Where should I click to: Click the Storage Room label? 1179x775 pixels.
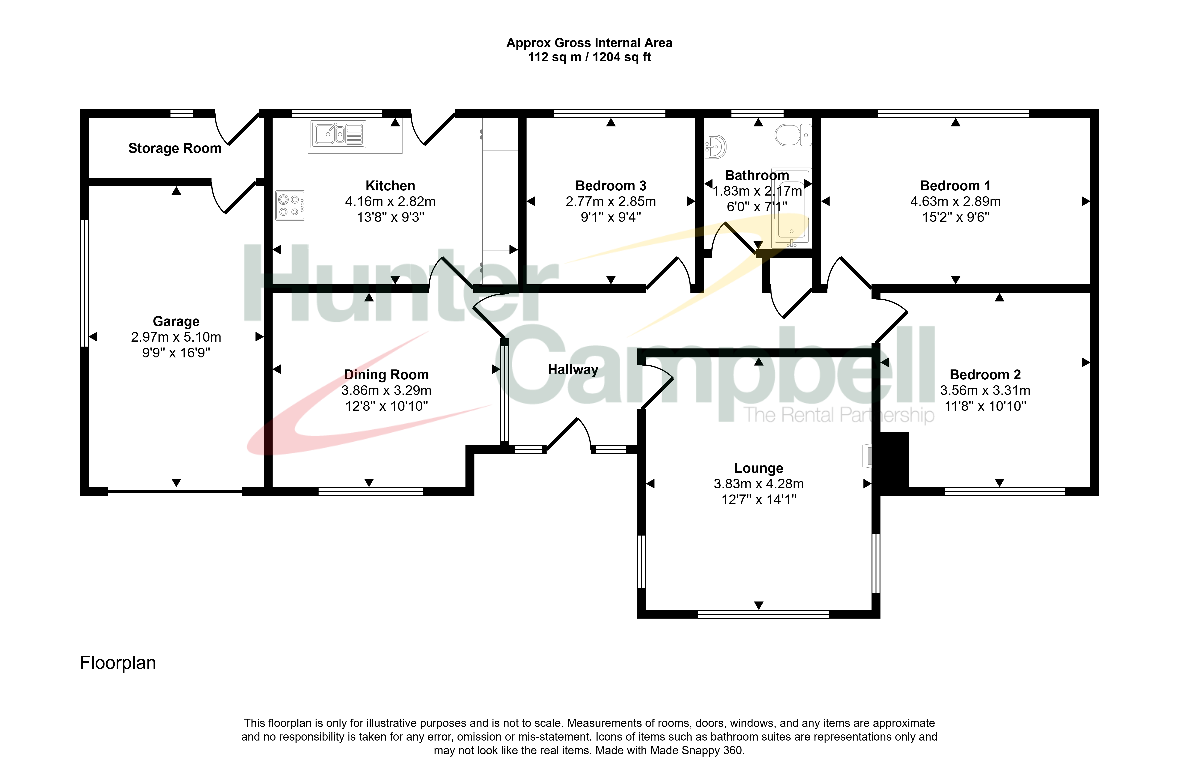175,148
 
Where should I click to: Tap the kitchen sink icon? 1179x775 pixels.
338,134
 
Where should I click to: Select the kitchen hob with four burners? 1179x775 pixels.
290,205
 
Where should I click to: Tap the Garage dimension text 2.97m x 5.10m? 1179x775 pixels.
176,337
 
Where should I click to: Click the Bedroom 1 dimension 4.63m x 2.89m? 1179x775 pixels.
955,201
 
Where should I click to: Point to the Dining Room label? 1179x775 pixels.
386,375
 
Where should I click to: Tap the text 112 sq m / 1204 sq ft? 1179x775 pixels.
589,57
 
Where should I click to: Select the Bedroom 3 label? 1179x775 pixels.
611,186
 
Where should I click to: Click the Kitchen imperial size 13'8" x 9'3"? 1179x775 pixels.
390,217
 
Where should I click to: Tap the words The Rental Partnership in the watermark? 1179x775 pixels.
839,415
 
